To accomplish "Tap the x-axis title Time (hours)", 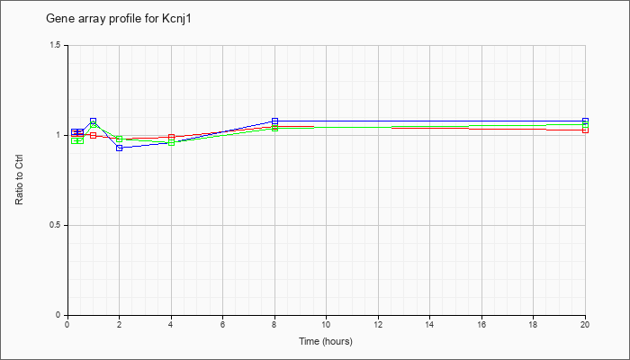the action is pos(326,341).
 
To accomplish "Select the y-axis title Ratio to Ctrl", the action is pos(19,180).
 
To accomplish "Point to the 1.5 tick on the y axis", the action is pos(56,45).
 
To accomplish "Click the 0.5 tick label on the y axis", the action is pos(56,225).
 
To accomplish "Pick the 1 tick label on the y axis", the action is pos(59,135).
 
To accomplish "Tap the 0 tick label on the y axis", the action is pos(59,315).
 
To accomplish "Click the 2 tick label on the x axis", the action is pos(120,324).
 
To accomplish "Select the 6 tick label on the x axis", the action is pos(223,324).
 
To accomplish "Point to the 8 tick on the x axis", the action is pos(274,324).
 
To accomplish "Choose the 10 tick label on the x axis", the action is pos(326,324).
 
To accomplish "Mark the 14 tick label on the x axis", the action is pos(430,324).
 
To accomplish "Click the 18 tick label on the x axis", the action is pos(534,324).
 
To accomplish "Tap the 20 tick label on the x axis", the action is pos(585,324).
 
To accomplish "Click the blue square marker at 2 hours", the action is pos(120,148).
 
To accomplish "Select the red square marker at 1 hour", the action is pos(94,135).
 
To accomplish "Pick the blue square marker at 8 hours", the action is pos(274,121).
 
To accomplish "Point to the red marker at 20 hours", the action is pos(585,130).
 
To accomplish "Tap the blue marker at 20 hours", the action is pos(585,121).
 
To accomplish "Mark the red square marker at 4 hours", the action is pos(171,137).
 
